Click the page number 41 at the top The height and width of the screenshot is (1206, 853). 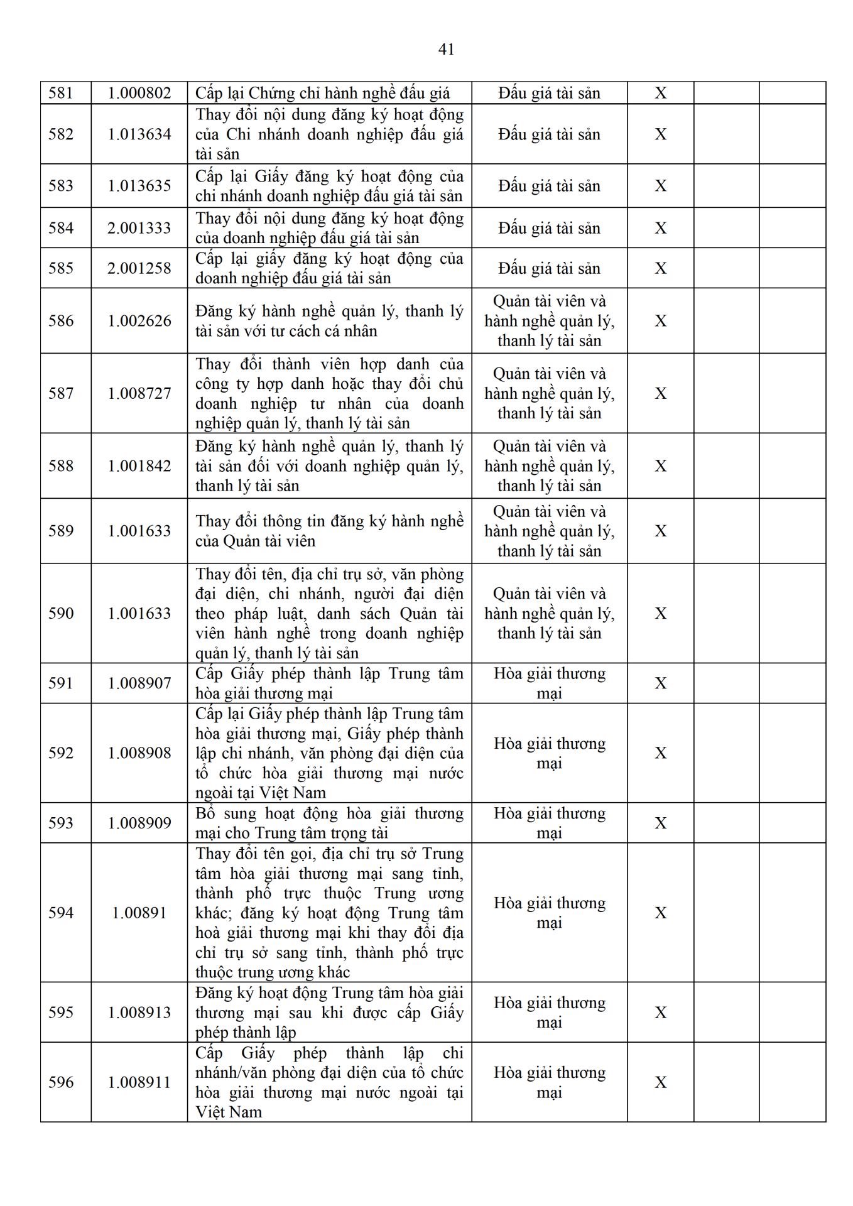pyautogui.click(x=446, y=50)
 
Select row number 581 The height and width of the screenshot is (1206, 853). pyautogui.click(x=61, y=94)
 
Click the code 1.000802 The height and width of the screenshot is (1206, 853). pyautogui.click(x=139, y=94)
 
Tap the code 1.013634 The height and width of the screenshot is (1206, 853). pyautogui.click(x=139, y=134)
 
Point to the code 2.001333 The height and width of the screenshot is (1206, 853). pyautogui.click(x=139, y=228)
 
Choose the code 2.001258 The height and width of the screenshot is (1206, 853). pyautogui.click(x=139, y=268)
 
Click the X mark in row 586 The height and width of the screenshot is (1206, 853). pyautogui.click(x=661, y=321)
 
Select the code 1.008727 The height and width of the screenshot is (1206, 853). pyautogui.click(x=139, y=393)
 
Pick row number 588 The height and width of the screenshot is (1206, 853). pyautogui.click(x=61, y=466)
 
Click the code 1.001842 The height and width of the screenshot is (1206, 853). pyautogui.click(x=139, y=466)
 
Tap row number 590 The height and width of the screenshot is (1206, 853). pyautogui.click(x=61, y=614)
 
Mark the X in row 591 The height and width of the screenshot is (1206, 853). pyautogui.click(x=661, y=683)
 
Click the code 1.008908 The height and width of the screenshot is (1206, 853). pyautogui.click(x=139, y=753)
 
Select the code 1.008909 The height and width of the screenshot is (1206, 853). pyautogui.click(x=139, y=823)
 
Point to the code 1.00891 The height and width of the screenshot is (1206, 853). pyautogui.click(x=139, y=913)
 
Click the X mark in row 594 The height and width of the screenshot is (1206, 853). pyautogui.click(x=661, y=913)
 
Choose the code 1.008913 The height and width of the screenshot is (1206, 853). pyautogui.click(x=139, y=1013)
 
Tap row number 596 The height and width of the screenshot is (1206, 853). pyautogui.click(x=61, y=1082)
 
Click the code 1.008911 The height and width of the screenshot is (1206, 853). pyautogui.click(x=139, y=1082)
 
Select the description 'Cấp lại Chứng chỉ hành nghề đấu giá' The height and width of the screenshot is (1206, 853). pyautogui.click(x=323, y=94)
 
